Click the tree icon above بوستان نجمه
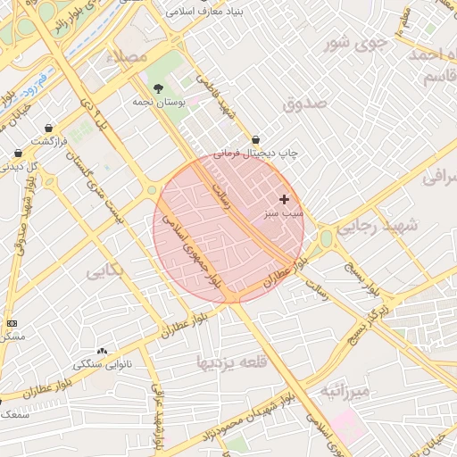(159, 88)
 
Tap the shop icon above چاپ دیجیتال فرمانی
(256, 140)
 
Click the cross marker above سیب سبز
(284, 199)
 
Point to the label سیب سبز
(284, 214)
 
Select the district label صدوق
(305, 104)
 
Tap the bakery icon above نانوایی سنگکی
(101, 351)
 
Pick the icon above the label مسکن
(11, 322)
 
